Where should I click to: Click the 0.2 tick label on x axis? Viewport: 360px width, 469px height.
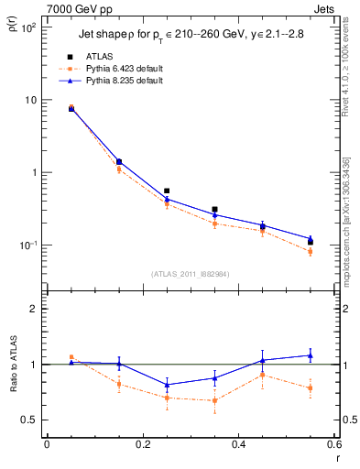(143, 444)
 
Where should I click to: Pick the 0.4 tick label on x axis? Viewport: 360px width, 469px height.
(239, 444)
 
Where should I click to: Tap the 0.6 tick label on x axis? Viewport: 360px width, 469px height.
(333, 444)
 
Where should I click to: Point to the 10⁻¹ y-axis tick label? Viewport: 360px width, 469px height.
(28, 245)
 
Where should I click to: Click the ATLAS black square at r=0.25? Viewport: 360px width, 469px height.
(167, 191)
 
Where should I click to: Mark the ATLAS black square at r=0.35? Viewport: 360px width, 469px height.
(214, 210)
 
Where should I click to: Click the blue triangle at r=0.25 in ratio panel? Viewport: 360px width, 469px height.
(167, 385)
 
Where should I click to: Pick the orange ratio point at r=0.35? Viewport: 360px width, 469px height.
(214, 400)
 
